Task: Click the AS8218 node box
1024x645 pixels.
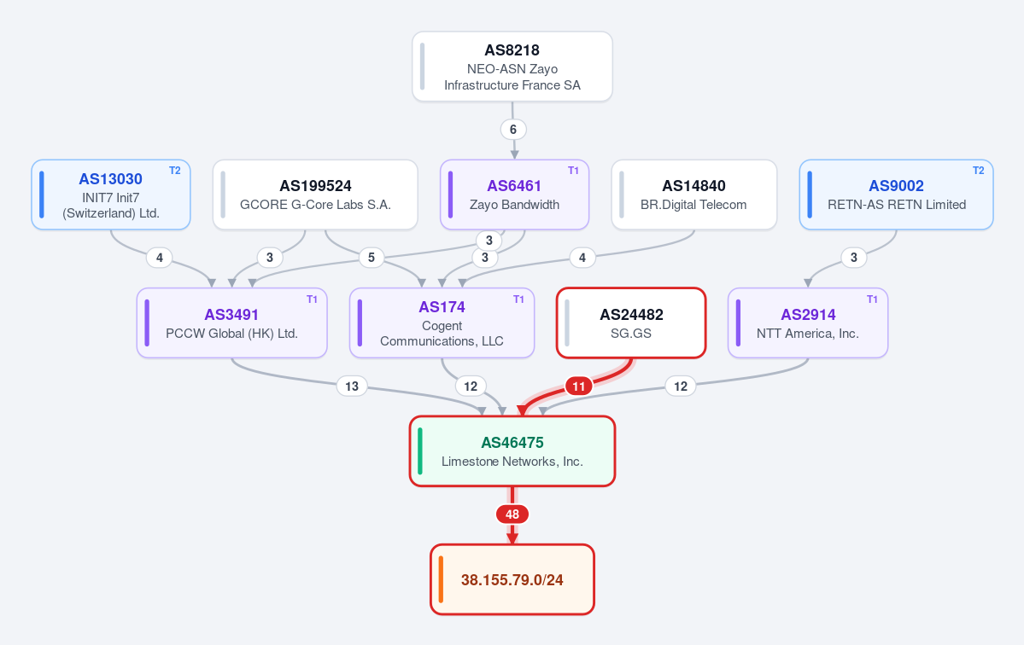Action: point(512,67)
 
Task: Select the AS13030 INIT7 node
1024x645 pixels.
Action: point(111,195)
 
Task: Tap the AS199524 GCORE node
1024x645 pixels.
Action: point(315,195)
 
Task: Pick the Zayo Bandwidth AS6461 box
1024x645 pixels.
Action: point(515,195)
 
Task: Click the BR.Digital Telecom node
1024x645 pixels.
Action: point(694,195)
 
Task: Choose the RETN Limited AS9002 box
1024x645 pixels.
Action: point(896,195)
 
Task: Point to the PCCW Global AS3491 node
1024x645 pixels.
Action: point(231,322)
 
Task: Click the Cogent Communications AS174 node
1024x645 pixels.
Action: point(442,322)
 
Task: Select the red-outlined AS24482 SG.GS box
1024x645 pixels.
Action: point(631,322)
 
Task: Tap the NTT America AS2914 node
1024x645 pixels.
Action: point(808,322)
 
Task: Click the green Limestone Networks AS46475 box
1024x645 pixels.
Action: point(512,451)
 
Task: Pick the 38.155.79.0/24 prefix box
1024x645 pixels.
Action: point(512,579)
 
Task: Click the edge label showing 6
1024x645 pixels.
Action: point(513,129)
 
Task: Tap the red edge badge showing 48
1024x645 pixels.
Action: point(512,514)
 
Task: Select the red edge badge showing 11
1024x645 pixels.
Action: point(578,386)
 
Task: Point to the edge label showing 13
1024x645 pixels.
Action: point(352,386)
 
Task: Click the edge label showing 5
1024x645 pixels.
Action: point(372,257)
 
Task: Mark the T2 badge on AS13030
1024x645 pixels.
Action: point(175,171)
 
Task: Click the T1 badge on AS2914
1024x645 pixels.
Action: point(873,299)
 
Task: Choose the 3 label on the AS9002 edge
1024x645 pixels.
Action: point(853,257)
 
